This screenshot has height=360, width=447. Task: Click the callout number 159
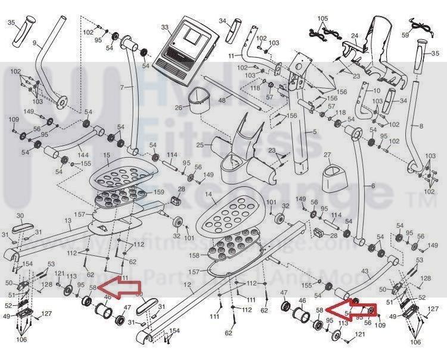pos(159,192)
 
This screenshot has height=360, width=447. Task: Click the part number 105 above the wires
pos(322,18)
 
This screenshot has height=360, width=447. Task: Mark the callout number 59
pos(421,35)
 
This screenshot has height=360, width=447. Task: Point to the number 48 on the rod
pos(222,101)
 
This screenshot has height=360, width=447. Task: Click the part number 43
pos(365,271)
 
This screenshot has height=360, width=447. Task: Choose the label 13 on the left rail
pos(67,221)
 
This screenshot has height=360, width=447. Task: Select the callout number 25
pos(200,145)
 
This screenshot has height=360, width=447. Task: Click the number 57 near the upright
pos(269,97)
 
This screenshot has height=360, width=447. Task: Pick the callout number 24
pos(354,36)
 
